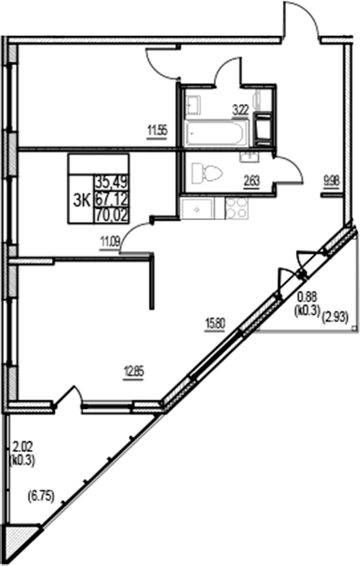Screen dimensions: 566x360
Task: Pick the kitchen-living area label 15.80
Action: [x=216, y=322]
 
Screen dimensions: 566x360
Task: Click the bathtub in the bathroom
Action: [x=216, y=133]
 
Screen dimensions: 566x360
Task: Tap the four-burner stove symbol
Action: [x=237, y=210]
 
